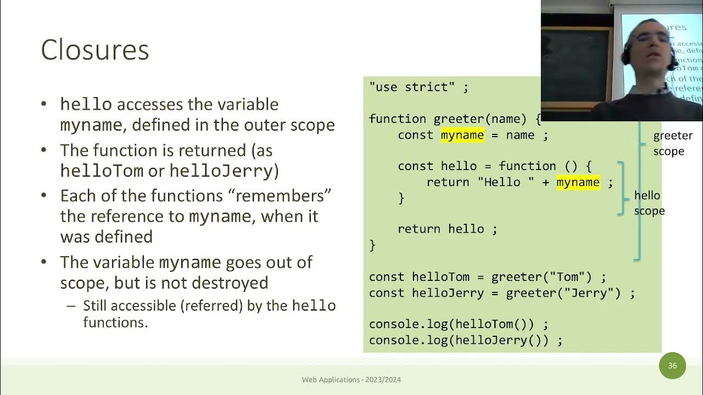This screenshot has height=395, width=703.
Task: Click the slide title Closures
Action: [95, 50]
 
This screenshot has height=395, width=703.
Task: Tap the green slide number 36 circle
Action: [672, 365]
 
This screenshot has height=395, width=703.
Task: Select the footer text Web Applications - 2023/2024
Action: [351, 380]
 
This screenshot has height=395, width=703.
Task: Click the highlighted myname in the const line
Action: [462, 135]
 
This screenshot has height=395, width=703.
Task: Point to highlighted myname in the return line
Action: [578, 182]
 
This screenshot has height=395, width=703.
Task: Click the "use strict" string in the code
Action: [412, 87]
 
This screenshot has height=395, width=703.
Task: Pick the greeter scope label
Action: [672, 143]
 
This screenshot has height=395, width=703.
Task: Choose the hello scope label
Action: [649, 203]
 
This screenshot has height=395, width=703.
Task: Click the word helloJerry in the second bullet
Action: [221, 171]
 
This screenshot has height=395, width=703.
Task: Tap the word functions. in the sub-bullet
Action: [115, 322]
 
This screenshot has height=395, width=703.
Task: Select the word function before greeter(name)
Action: [398, 119]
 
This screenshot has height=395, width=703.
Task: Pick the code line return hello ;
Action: [447, 229]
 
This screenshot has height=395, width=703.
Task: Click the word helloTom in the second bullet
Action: [102, 171]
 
